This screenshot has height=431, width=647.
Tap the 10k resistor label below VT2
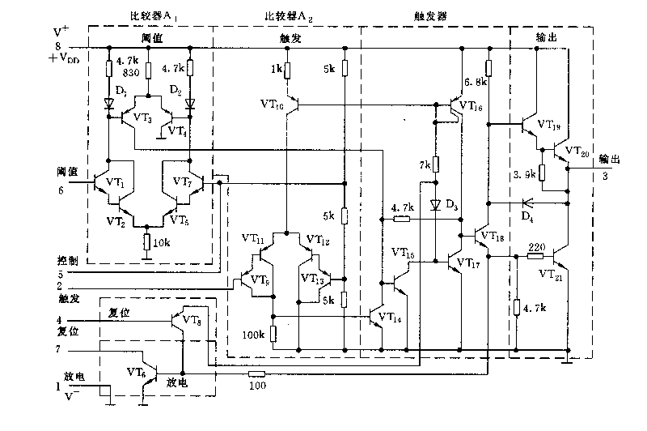click(162, 244)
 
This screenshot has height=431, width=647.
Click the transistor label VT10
click(273, 105)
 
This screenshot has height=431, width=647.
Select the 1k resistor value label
click(276, 70)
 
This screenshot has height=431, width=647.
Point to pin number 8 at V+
click(57, 46)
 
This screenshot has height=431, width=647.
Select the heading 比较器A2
click(287, 16)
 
